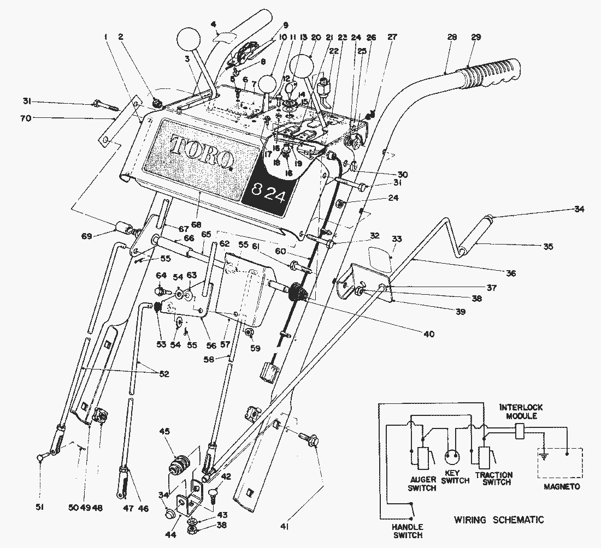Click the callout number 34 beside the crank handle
[579, 209]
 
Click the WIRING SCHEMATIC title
[499, 520]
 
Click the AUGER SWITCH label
[422, 484]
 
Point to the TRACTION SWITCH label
[494, 479]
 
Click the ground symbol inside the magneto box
[544, 456]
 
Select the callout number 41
[285, 527]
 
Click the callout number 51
[40, 508]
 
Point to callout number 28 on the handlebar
[451, 37]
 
